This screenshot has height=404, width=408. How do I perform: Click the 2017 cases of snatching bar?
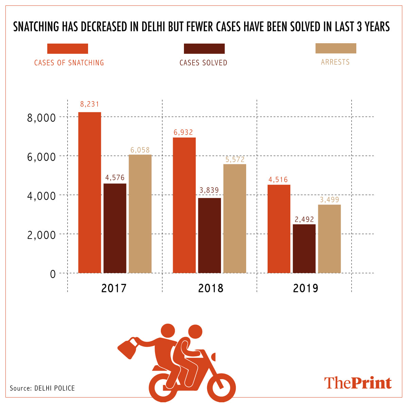click(89, 192)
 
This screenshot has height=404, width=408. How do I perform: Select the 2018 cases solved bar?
click(209, 235)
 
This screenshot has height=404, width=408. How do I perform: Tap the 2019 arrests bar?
click(329, 239)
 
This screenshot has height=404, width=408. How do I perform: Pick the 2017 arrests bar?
click(140, 214)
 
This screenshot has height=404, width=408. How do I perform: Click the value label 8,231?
click(89, 104)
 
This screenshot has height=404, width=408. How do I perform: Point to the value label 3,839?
click(209, 190)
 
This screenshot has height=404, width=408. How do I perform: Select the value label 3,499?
click(329, 200)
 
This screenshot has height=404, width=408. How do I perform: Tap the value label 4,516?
click(278, 180)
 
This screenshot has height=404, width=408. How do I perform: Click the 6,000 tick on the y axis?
click(41, 157)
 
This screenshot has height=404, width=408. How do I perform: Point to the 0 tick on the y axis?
click(53, 274)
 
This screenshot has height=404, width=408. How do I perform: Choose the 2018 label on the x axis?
click(211, 288)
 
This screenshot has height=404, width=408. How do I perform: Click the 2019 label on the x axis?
click(305, 288)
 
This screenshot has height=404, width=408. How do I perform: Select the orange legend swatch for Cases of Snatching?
click(68, 49)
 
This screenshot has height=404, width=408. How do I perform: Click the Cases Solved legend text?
click(203, 63)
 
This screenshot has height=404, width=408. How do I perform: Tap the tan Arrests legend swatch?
click(336, 48)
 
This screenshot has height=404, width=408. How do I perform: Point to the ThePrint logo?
click(358, 383)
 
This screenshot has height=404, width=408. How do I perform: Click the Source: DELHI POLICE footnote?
click(42, 388)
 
